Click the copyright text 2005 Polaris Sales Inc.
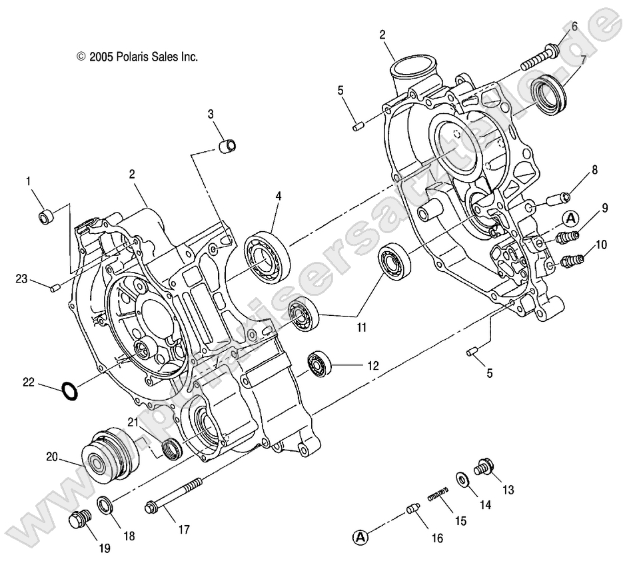(137, 57)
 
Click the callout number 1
(29, 181)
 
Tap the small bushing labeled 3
(229, 145)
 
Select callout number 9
(605, 209)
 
